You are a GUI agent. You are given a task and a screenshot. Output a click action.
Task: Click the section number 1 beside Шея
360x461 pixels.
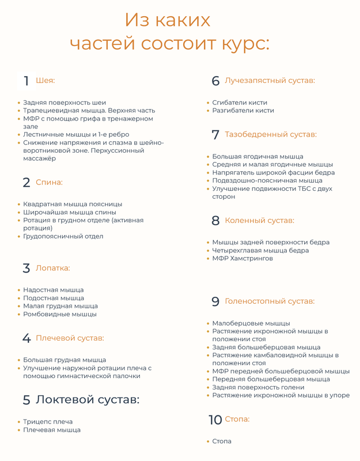coord(26,81)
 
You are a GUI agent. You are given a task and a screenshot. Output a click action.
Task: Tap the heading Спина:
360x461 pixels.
coord(49,182)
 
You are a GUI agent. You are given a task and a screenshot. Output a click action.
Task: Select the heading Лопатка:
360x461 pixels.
coord(53,268)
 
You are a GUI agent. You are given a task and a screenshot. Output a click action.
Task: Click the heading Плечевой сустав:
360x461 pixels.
coord(70,338)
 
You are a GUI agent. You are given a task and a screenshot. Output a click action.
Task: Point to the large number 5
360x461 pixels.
coord(26,400)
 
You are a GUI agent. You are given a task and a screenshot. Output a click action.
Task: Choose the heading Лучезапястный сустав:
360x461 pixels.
coord(270,81)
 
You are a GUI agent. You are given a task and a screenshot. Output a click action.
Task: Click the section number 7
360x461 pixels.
coord(215,135)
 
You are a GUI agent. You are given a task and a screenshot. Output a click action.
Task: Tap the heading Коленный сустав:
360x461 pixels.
coord(259,220)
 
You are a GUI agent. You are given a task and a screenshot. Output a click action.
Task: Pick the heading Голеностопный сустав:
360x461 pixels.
coord(270,301)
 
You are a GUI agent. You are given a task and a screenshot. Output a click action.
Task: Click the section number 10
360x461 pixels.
coord(215,420)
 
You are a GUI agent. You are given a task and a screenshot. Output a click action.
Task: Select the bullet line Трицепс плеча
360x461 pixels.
coord(48,421)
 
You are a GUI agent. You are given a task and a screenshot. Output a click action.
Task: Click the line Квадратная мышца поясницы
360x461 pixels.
coord(73,204)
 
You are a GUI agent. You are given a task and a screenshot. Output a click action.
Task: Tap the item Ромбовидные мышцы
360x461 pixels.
coord(60,314)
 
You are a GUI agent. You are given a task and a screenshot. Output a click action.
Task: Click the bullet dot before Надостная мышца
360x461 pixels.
coord(18,290)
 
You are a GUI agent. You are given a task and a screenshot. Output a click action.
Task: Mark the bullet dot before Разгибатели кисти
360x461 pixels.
coord(207,111)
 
